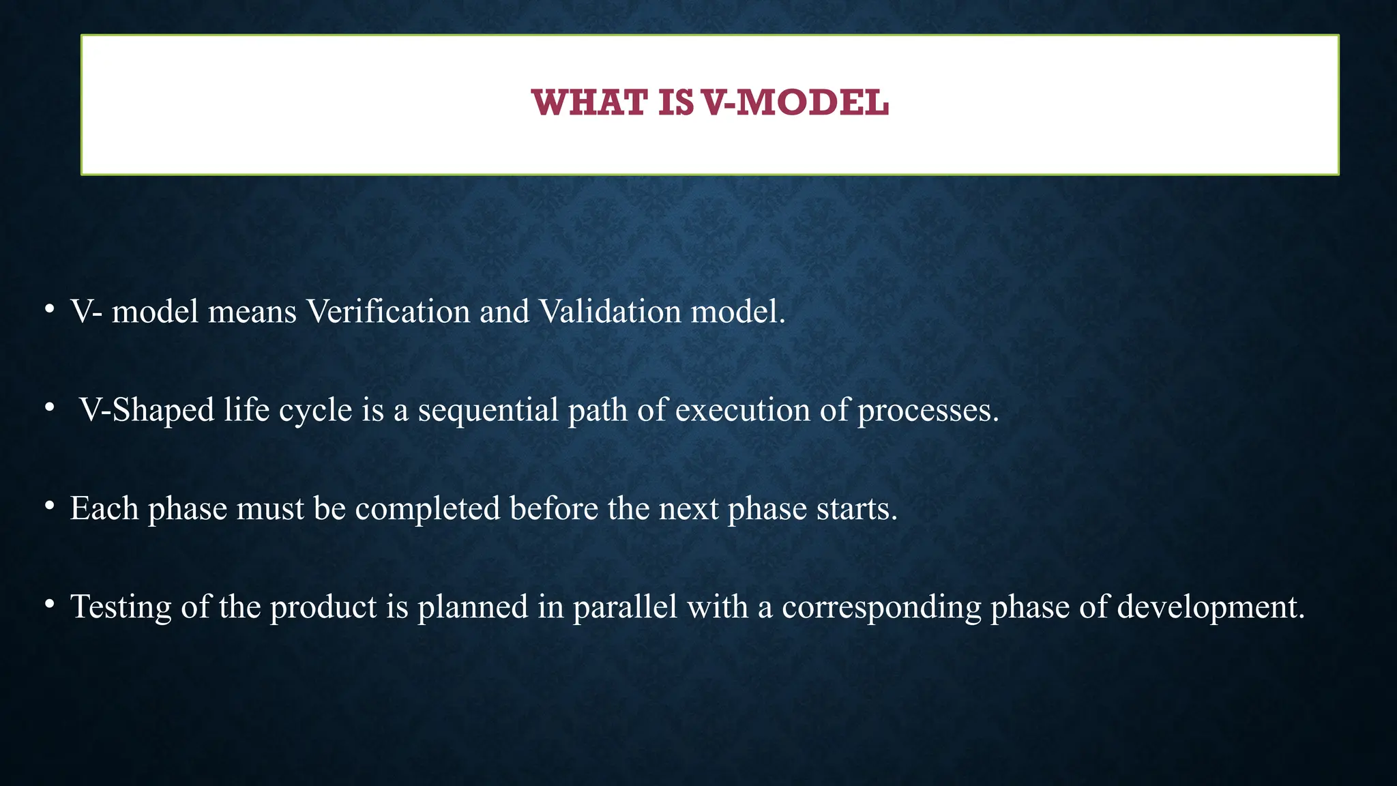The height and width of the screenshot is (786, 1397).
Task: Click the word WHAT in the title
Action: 589,103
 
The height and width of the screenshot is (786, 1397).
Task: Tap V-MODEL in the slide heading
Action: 795,103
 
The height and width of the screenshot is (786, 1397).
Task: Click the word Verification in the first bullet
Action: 387,312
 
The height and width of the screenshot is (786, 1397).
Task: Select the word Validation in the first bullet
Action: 610,312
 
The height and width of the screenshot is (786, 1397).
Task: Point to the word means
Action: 252,312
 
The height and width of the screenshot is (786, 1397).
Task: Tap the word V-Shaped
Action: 147,411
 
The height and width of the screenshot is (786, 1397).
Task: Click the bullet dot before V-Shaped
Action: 49,407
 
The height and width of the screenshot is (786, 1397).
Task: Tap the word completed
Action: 428,510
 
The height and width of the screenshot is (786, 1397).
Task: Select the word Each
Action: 104,508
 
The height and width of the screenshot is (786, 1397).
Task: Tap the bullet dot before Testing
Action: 49,604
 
